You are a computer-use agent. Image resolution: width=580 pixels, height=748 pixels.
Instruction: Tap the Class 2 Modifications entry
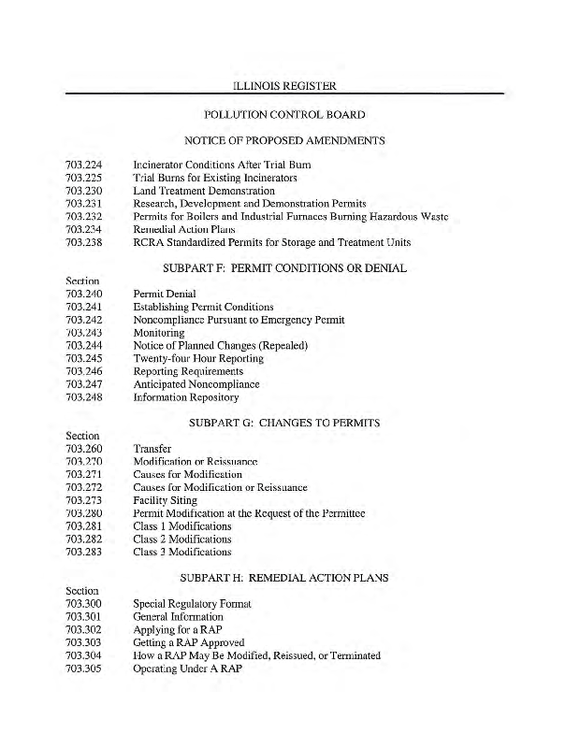182,539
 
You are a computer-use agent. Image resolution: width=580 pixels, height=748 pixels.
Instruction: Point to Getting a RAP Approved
189,643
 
